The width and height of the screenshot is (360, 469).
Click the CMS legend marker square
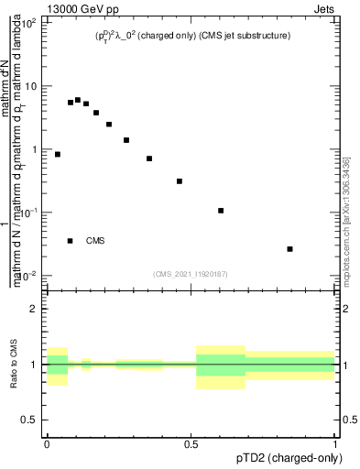pos(71,241)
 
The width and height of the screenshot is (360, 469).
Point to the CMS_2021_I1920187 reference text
pos(191,274)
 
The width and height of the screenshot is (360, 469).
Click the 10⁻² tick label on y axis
pos(28,276)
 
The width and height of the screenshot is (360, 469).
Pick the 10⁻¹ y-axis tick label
pos(28,213)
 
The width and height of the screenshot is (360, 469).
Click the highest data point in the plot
pos(78,100)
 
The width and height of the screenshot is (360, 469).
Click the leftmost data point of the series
pos(58,154)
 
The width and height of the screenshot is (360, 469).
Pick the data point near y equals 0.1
pos(221,211)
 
